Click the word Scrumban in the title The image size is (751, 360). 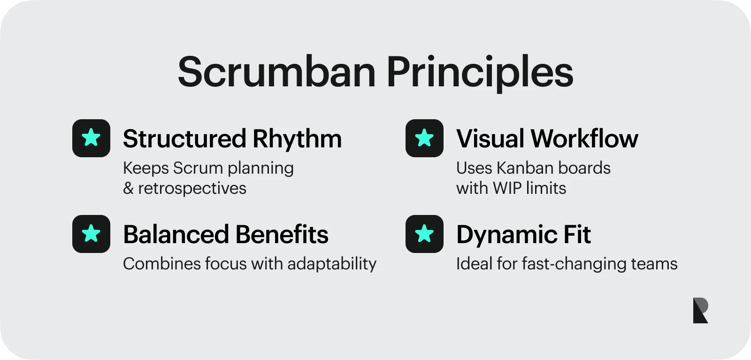coord(276,72)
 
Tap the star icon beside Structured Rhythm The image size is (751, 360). coord(91,138)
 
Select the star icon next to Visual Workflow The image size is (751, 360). coord(424,138)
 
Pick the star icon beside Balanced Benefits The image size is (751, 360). coord(91,234)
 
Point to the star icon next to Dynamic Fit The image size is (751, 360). coord(424,234)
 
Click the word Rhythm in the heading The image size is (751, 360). coord(297,139)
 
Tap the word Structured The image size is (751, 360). coord(184,139)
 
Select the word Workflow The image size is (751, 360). coord(584,139)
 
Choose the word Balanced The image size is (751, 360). coord(176,235)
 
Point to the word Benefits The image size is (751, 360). coord(282,235)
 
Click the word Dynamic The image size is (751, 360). coord(506,235)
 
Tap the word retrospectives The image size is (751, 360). coord(192,189)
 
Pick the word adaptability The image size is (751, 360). coord(332,264)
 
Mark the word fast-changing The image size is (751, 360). coord(574,264)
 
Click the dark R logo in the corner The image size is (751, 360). coord(700,310)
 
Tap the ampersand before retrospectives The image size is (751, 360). coord(128,189)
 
